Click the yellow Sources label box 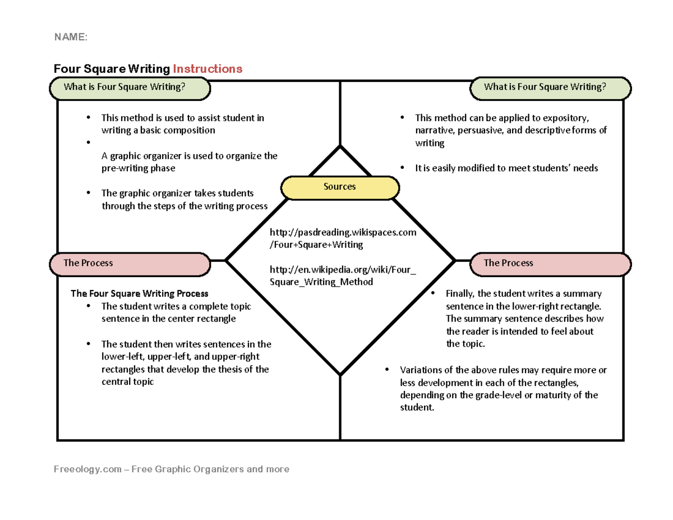coord(339,187)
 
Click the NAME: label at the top coord(71,37)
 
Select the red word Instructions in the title coord(208,68)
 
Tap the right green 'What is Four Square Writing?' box coord(550,88)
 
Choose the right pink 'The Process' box coord(550,264)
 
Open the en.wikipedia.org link coord(343,276)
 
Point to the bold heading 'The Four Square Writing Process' coord(139,293)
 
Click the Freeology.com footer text coord(172,468)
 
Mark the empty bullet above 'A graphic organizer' coord(88,143)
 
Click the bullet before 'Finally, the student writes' coord(432,294)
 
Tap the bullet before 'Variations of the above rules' coord(386,370)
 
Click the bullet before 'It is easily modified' coord(402,168)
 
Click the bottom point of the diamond coord(340,374)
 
